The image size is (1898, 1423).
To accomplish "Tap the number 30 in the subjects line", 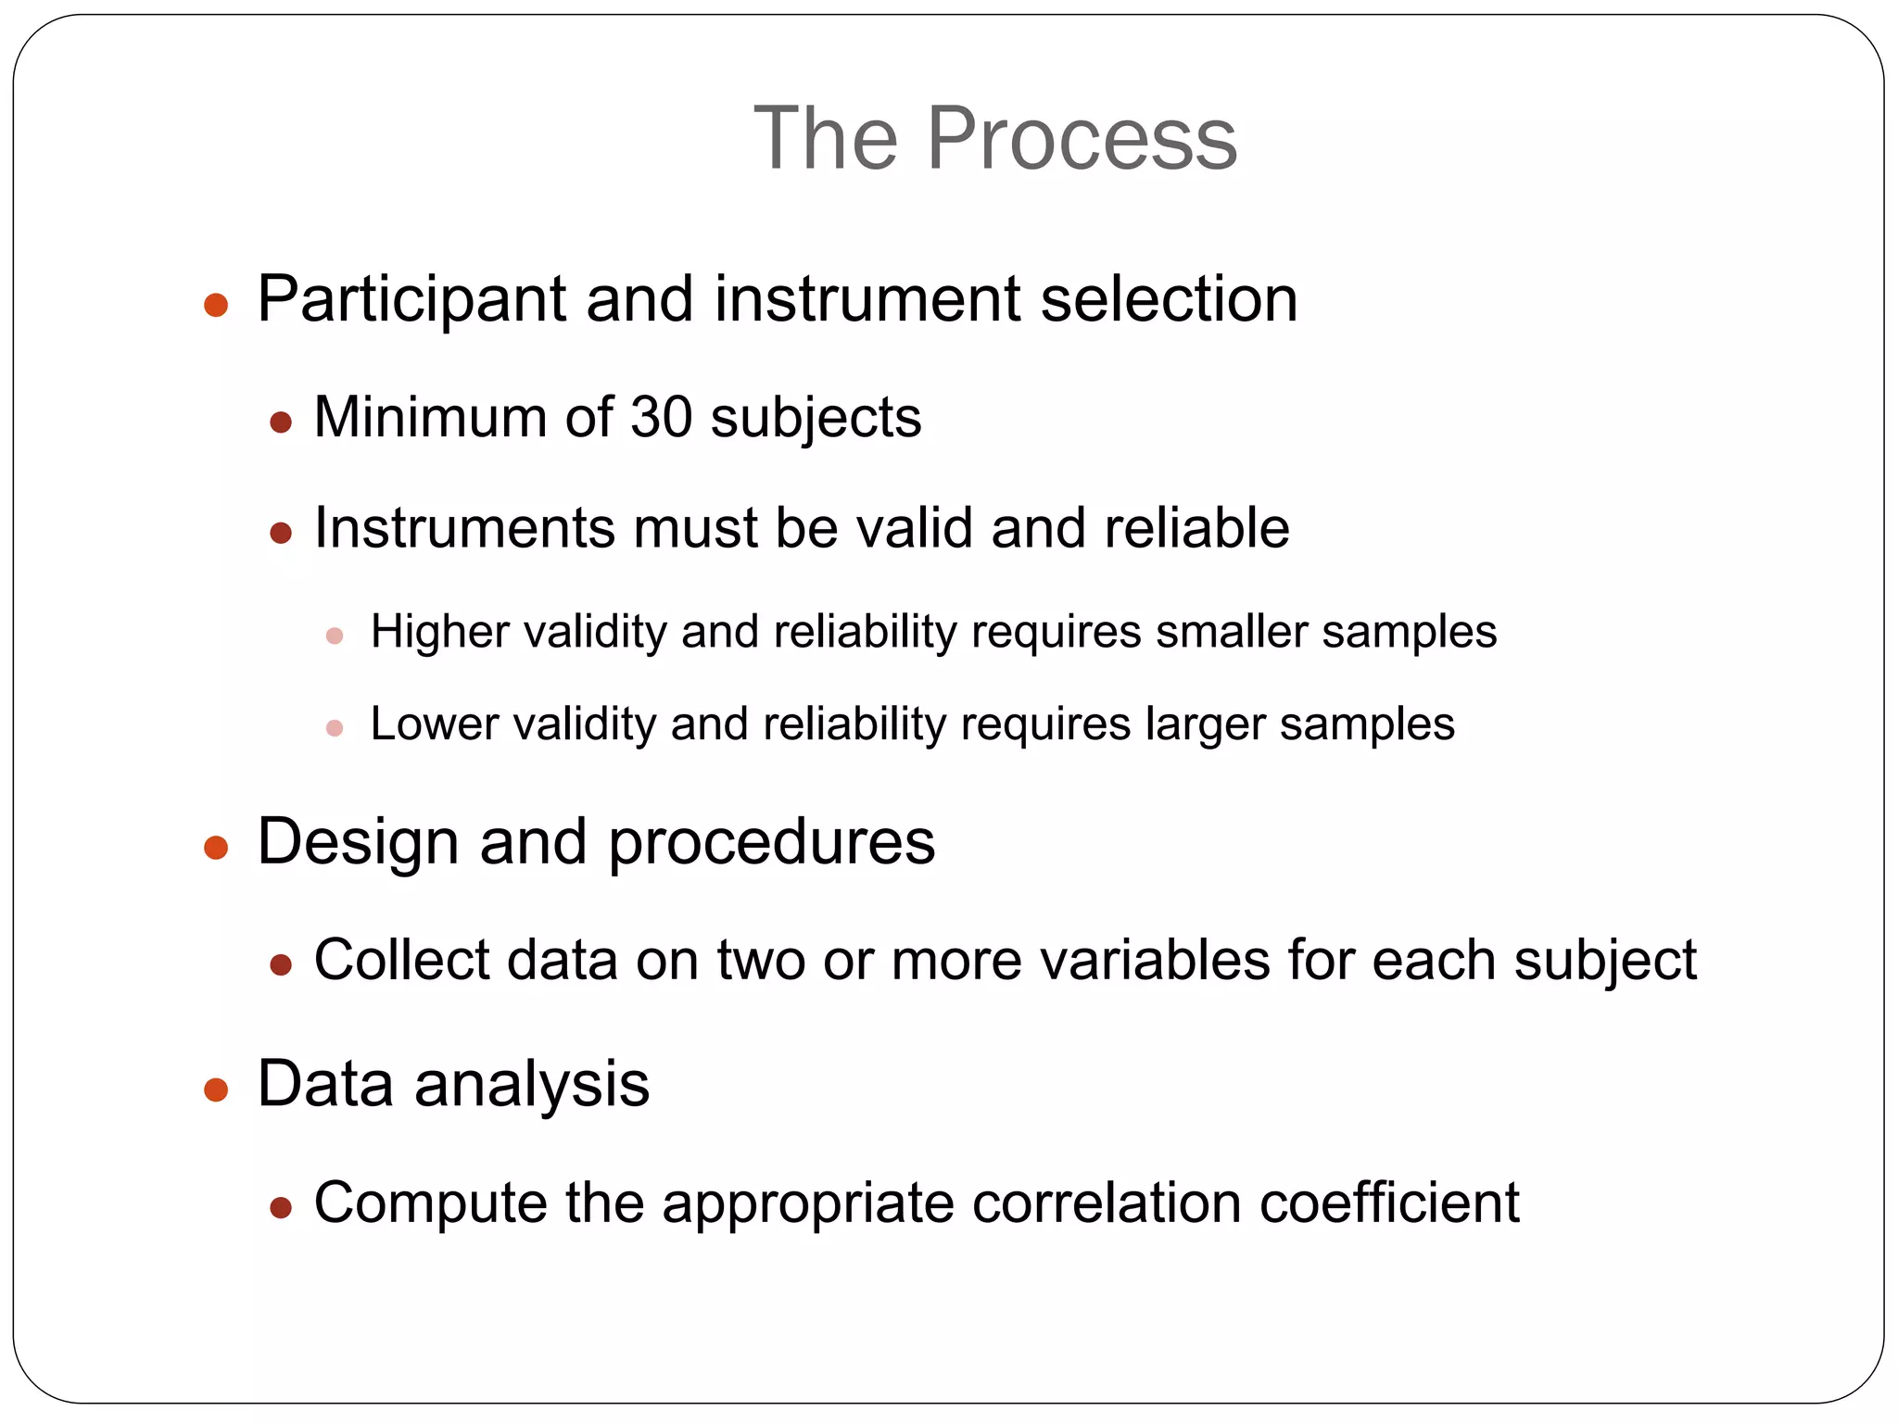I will coord(661,417).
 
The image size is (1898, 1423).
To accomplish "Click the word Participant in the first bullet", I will coord(411,300).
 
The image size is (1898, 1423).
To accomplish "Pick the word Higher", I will coord(439,633).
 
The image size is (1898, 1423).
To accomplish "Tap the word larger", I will coord(1205,724).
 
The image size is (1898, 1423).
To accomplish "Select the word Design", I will coord(358,842).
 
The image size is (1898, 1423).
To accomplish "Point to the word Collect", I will coord(400,960).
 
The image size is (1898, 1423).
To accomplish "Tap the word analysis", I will coord(532,1085).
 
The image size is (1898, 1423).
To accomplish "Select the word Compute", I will coord(430,1203).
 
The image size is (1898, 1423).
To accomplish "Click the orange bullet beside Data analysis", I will coord(216,1089).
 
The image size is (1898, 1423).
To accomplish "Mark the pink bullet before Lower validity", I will coord(335,728).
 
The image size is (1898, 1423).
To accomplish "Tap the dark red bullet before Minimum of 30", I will coord(281,423).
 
